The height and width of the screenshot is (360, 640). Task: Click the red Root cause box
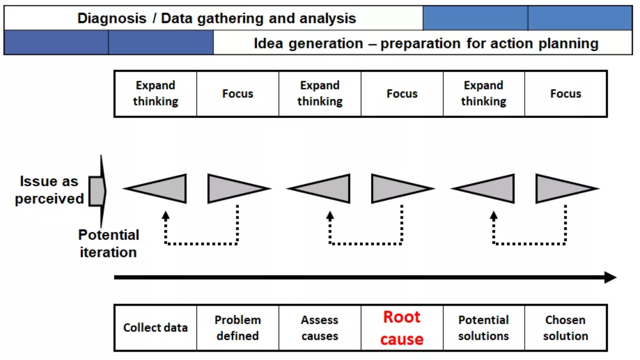pyautogui.click(x=402, y=328)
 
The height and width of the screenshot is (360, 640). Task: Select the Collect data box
pyautogui.click(x=155, y=328)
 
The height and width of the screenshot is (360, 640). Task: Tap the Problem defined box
pyautogui.click(x=238, y=328)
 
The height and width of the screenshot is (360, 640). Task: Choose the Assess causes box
pyautogui.click(x=320, y=328)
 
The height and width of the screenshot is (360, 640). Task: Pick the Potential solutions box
pyautogui.click(x=484, y=328)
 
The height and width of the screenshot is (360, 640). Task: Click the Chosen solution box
pyautogui.click(x=566, y=328)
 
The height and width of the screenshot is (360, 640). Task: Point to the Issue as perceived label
pyautogui.click(x=49, y=190)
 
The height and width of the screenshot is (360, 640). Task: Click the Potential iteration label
pyautogui.click(x=109, y=244)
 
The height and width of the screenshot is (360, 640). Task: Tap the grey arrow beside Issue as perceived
pyautogui.click(x=98, y=191)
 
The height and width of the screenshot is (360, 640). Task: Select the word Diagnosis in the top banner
pyautogui.click(x=112, y=18)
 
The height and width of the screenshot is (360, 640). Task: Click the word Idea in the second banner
pyautogui.click(x=268, y=44)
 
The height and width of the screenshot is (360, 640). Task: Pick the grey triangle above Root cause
pyautogui.click(x=402, y=189)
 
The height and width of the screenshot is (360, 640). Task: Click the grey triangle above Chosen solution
pyautogui.click(x=567, y=189)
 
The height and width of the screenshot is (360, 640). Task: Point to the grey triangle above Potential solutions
pyautogui.click(x=483, y=189)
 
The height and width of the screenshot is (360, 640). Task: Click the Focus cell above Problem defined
pyautogui.click(x=238, y=94)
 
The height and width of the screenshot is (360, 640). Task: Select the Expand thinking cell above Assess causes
pyautogui.click(x=320, y=94)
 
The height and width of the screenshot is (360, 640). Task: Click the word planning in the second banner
pyautogui.click(x=568, y=44)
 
